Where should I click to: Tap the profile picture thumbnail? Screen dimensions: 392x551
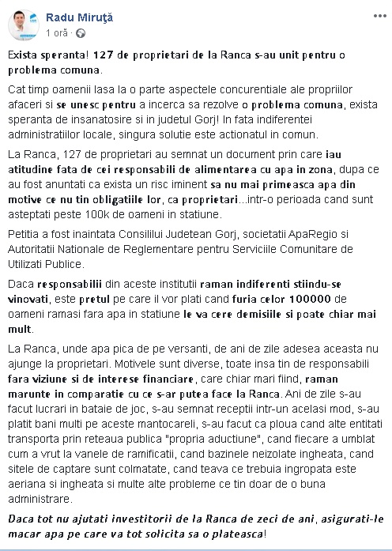pyautogui.click(x=25, y=25)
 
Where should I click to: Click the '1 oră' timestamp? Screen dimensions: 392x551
pyautogui.click(x=58, y=33)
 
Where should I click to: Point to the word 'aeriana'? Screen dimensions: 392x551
pyautogui.click(x=25, y=487)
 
